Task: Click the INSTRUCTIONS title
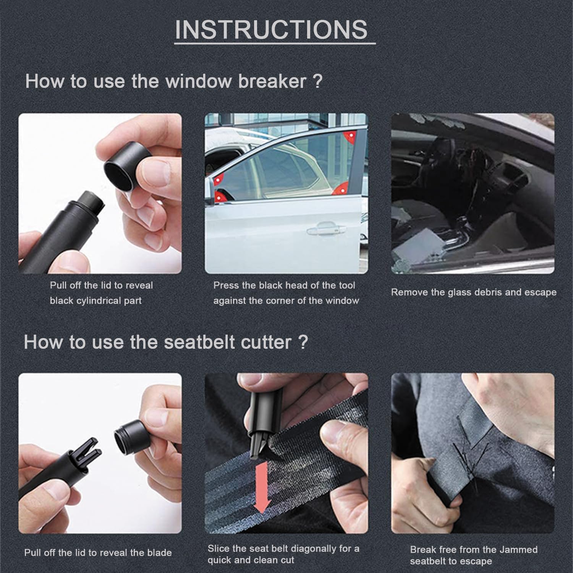[x=271, y=29]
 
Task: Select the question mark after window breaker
[x=317, y=81]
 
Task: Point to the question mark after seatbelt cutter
[x=303, y=342]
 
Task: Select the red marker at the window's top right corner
[x=349, y=137]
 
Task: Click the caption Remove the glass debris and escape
[x=473, y=292]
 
